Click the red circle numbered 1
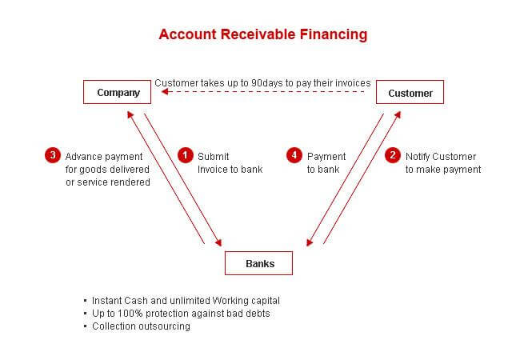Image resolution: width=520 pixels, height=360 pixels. tap(186, 155)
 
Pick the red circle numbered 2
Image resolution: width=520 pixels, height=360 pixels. tap(393, 155)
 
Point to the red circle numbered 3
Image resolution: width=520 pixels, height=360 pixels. tap(53, 155)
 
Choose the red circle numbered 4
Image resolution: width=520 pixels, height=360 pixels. tap(294, 155)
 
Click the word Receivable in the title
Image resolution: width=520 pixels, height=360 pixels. tap(258, 34)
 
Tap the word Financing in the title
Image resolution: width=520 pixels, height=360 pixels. tap(334, 35)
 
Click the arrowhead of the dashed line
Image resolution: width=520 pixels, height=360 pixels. tap(165, 91)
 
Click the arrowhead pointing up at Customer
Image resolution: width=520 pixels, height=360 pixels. tap(398, 115)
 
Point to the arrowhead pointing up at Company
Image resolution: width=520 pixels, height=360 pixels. tap(130, 114)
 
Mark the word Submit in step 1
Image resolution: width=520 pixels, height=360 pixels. tap(214, 157)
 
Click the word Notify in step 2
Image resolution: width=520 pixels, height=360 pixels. tap(418, 157)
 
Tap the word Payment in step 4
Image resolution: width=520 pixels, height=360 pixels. tap(326, 157)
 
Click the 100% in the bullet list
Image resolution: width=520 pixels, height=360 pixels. tap(130, 314)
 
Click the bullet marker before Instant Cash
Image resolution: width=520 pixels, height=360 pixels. tap(86, 301)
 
